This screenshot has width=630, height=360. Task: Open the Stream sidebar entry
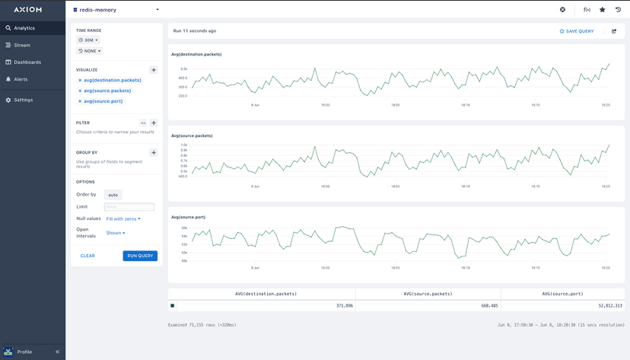click(22, 45)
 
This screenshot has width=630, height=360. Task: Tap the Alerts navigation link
click(21, 79)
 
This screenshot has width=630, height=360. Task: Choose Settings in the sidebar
click(23, 100)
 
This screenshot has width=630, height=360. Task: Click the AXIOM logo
click(27, 10)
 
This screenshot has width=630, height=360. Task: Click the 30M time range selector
click(88, 40)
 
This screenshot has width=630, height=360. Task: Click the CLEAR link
click(87, 256)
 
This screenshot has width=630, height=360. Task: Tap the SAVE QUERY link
click(577, 31)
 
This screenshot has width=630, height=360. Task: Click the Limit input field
click(129, 207)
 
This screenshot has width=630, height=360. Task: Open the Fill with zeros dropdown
click(123, 218)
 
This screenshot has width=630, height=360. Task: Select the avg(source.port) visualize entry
click(103, 101)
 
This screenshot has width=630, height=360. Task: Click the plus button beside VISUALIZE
click(154, 70)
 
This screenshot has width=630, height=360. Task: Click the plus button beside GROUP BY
click(154, 153)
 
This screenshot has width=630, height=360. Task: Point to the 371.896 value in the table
click(344, 305)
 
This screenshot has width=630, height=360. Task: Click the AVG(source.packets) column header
click(428, 294)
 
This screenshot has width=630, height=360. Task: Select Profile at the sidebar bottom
click(24, 352)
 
